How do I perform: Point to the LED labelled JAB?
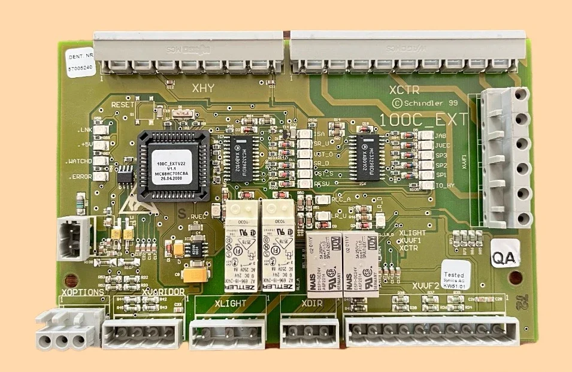tap(426, 136)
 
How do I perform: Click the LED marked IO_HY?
tap(426, 185)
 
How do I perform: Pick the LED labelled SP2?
tap(426, 165)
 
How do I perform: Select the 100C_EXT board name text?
tap(423, 120)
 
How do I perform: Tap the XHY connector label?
tap(203, 89)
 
